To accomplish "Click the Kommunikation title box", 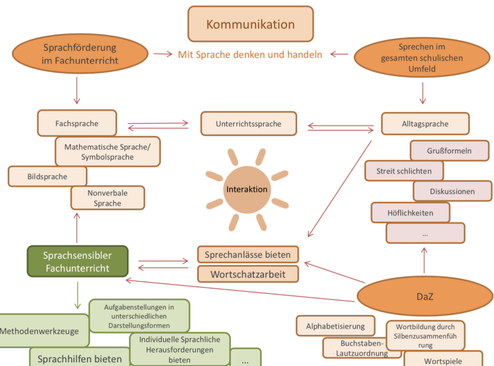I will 250,24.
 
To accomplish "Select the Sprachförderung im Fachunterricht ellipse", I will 80,54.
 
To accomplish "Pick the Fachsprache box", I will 77,123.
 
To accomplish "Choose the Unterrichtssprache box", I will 248,123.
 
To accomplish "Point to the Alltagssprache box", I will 425,123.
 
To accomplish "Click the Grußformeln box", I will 449,151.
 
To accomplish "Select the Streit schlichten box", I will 405,171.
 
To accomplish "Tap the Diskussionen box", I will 452,191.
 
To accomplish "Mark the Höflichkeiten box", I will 410,213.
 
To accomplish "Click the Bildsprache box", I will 48,176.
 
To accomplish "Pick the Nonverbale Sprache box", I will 108,197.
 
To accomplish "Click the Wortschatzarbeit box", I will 248,274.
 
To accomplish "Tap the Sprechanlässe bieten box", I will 248,254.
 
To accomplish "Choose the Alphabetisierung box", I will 335,326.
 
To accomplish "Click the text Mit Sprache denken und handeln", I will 250,54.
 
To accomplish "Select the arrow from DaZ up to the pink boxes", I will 424,260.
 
